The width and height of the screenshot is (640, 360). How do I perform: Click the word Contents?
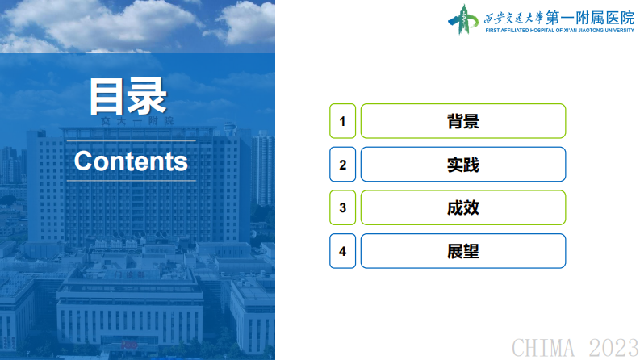(x=131, y=161)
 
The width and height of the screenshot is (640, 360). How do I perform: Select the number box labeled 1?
(x=342, y=121)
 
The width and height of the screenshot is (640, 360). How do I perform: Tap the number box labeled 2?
(x=342, y=165)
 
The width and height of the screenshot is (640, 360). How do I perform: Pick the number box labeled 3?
(x=342, y=207)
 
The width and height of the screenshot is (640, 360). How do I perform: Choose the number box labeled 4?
(x=342, y=251)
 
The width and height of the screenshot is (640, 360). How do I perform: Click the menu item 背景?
(x=462, y=121)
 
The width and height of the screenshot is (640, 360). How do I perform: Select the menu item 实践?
(x=462, y=165)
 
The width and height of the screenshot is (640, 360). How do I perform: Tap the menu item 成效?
(x=462, y=207)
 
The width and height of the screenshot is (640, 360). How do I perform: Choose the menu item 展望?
(x=462, y=251)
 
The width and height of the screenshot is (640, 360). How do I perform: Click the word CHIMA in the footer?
(x=544, y=348)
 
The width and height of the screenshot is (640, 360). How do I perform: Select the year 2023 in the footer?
(x=612, y=348)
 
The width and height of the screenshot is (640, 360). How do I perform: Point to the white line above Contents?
(x=131, y=140)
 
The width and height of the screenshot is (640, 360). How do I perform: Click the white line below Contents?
(x=131, y=181)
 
